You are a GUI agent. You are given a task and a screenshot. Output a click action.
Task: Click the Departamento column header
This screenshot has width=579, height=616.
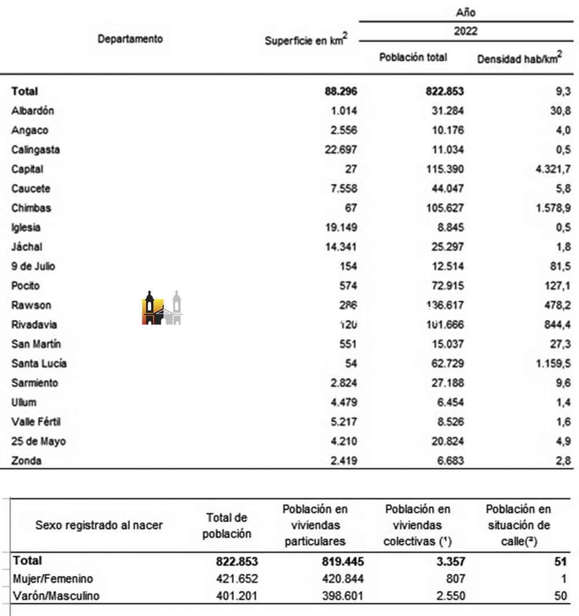coord(130,39)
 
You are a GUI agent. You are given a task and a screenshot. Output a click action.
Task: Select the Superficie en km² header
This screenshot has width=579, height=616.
coord(306,41)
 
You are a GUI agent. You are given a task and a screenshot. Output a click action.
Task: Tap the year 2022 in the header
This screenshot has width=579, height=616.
coord(466,31)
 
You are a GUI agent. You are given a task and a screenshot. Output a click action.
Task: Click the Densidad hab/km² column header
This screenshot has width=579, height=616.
coord(519,59)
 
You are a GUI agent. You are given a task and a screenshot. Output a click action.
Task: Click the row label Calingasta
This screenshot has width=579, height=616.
coord(35,150)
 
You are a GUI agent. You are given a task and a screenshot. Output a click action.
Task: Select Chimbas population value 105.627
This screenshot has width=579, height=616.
coord(443,208)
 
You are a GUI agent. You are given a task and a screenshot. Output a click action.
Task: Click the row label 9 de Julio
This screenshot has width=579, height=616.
coord(33,267)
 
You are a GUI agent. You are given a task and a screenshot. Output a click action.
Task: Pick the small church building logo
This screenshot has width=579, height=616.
coord(162,308)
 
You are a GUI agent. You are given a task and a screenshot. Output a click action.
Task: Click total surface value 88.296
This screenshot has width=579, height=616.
coord(341,91)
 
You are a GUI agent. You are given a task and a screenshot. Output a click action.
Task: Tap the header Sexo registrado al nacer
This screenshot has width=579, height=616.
coord(99,526)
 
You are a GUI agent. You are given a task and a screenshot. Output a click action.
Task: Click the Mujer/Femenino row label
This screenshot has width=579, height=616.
coord(53,578)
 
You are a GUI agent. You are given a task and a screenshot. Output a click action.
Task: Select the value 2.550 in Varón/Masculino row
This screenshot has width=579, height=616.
coord(449,596)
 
